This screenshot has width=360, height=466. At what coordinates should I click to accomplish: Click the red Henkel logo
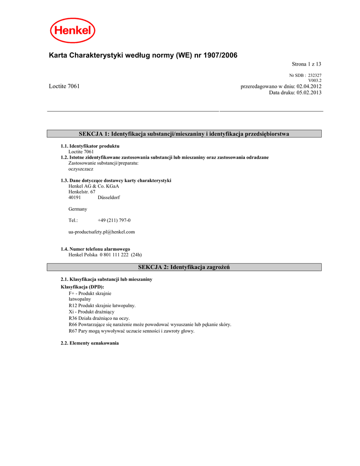(72, 30)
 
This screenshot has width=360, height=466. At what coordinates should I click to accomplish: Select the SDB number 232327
(314, 75)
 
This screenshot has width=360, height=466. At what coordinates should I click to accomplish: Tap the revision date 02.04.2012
(309, 86)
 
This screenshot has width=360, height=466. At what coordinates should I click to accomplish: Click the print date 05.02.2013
(309, 92)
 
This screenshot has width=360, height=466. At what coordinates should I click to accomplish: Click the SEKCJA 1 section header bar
(184, 134)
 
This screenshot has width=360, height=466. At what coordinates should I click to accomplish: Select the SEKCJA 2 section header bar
(184, 267)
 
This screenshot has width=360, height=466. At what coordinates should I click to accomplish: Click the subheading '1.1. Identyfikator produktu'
(90, 146)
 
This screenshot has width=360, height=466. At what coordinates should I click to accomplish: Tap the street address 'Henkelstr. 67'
(82, 192)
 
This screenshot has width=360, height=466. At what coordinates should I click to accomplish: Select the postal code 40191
(75, 198)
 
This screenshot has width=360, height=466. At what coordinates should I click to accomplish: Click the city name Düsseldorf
(109, 198)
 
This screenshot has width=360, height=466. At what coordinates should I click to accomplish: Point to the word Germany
(78, 209)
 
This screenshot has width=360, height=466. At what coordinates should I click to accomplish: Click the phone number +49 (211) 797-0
(114, 220)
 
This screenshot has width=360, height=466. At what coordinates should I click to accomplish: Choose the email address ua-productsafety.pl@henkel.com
(101, 232)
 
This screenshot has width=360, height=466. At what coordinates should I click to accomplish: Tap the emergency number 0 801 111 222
(111, 255)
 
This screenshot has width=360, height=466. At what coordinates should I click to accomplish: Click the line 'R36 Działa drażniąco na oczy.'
(99, 318)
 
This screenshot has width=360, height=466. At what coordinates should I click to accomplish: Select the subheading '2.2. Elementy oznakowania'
(90, 343)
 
